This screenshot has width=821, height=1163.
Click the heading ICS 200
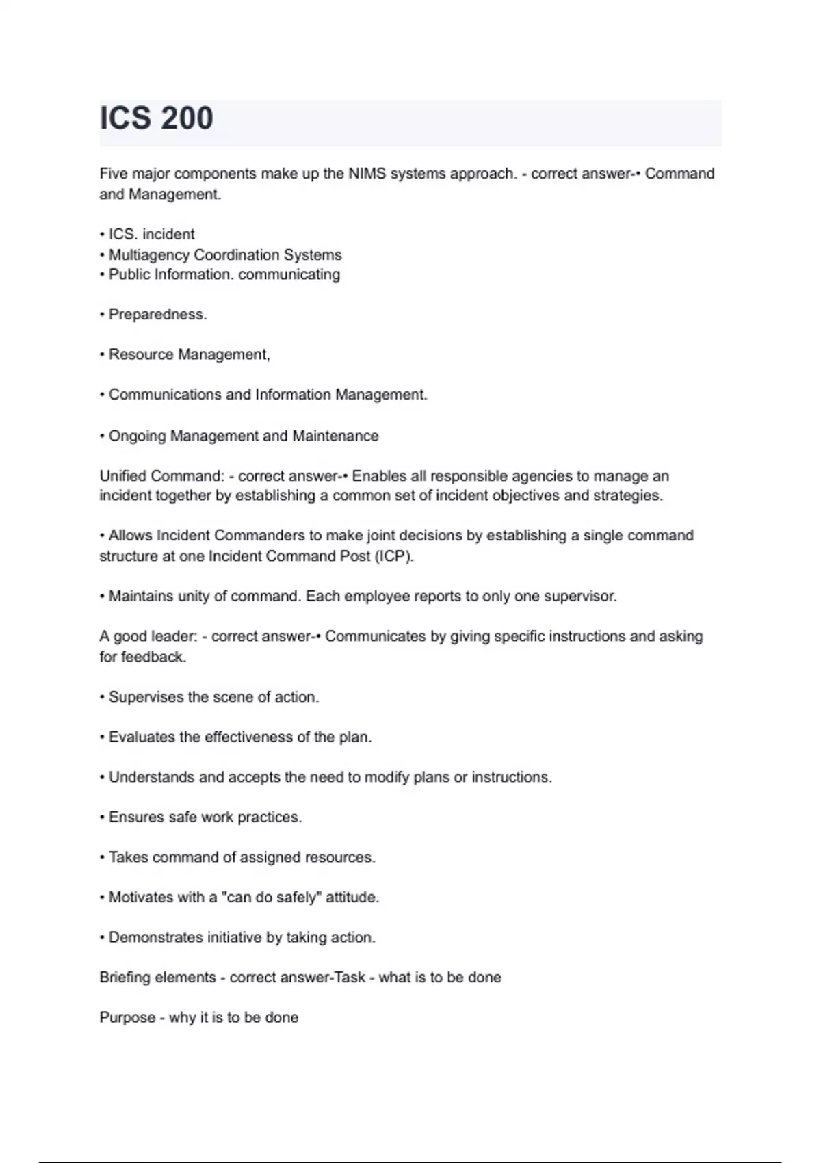[157, 118]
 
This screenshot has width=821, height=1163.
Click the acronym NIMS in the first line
[367, 174]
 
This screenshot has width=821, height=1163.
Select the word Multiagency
[149, 255]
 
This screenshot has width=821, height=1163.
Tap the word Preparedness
[157, 315]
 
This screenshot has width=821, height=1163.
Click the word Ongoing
[137, 436]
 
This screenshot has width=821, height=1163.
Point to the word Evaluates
[142, 737]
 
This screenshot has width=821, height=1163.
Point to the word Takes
[128, 858]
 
